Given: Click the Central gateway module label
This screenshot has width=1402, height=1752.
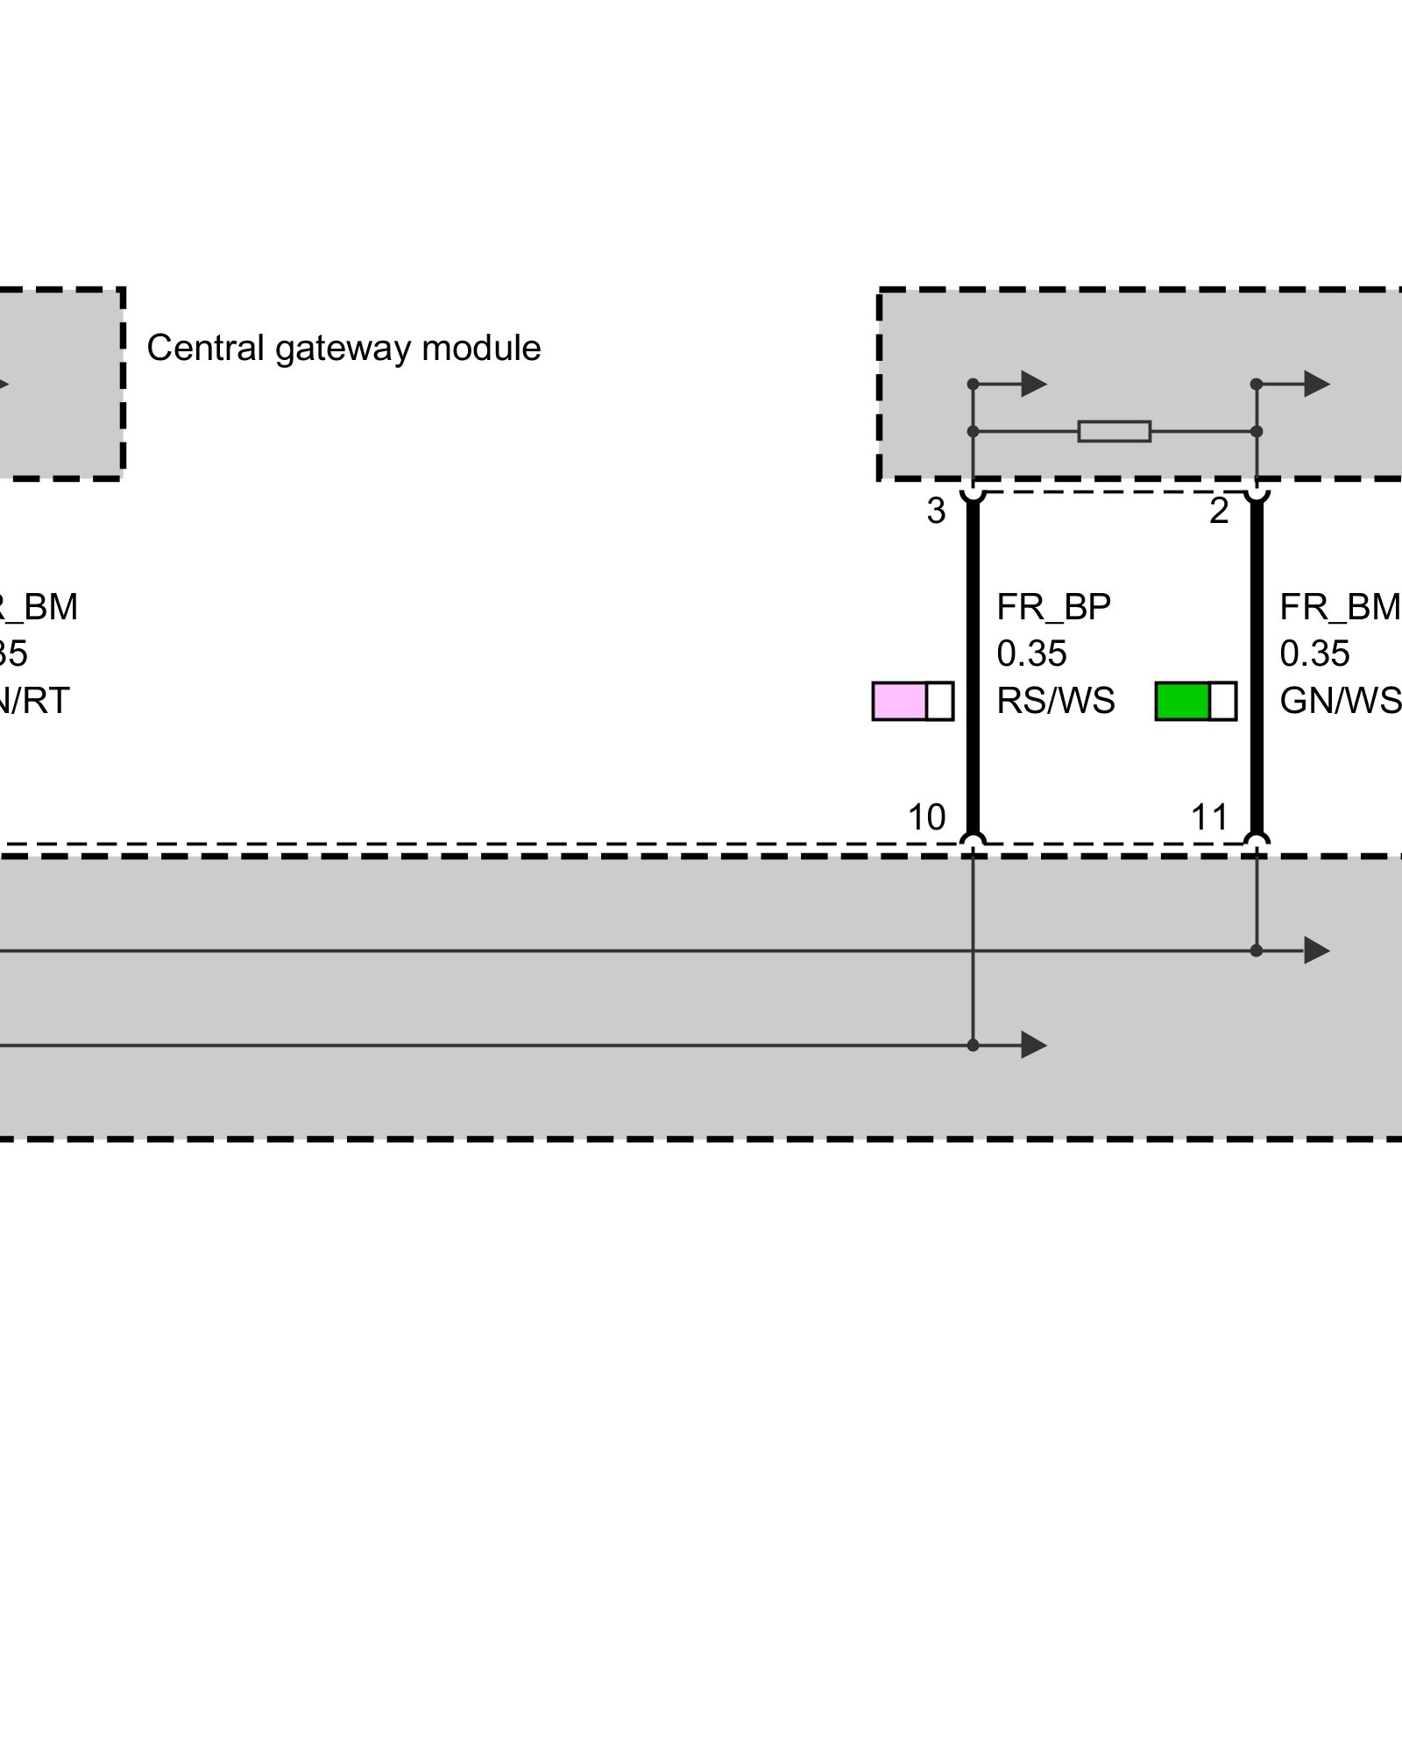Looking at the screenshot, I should pyautogui.click(x=343, y=349).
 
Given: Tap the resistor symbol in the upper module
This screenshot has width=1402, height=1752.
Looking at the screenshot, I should pyautogui.click(x=1114, y=431).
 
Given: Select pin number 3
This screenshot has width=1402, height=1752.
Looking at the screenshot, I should pyautogui.click(x=936, y=512).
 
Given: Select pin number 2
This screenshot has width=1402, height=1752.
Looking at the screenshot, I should pyautogui.click(x=1219, y=512).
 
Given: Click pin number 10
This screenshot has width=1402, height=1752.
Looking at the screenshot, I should pyautogui.click(x=926, y=817).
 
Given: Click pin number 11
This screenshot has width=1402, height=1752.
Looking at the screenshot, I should pyautogui.click(x=1209, y=817).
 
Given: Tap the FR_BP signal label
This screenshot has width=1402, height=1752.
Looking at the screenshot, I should pyautogui.click(x=1053, y=607).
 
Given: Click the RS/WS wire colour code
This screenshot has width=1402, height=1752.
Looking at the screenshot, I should pyautogui.click(x=1056, y=701).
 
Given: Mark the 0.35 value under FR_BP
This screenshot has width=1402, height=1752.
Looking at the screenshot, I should pyautogui.click(x=1031, y=653).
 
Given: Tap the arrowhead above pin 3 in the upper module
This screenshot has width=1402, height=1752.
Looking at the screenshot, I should pyautogui.click(x=1034, y=384).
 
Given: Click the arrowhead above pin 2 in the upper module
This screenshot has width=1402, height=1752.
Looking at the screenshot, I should pyautogui.click(x=1317, y=384).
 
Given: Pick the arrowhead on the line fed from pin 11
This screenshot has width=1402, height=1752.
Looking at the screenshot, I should pyautogui.click(x=1317, y=950).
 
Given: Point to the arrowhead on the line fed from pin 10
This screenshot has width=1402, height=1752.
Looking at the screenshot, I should pyautogui.click(x=1034, y=1045).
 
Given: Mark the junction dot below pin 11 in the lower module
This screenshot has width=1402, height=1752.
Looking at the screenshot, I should pyautogui.click(x=1256, y=950).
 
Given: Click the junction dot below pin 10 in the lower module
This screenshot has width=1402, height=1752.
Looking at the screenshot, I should pyautogui.click(x=973, y=1045).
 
